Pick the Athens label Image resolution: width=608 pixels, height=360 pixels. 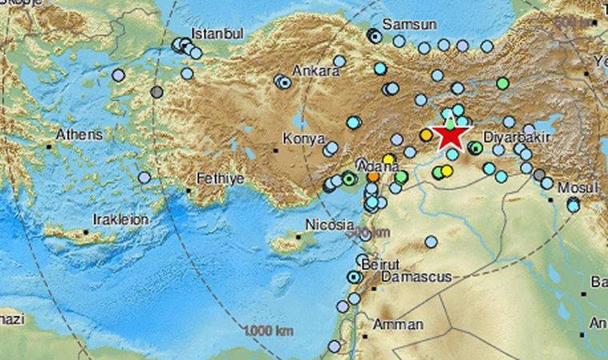pos(78,134)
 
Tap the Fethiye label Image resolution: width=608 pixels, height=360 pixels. pos(221,179)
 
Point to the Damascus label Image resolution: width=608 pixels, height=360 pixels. pos(416,276)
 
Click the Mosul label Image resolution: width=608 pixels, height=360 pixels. pos(578,186)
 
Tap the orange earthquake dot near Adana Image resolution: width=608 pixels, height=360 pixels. pos(374,175)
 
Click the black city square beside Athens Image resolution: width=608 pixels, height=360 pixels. pos(50,146)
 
